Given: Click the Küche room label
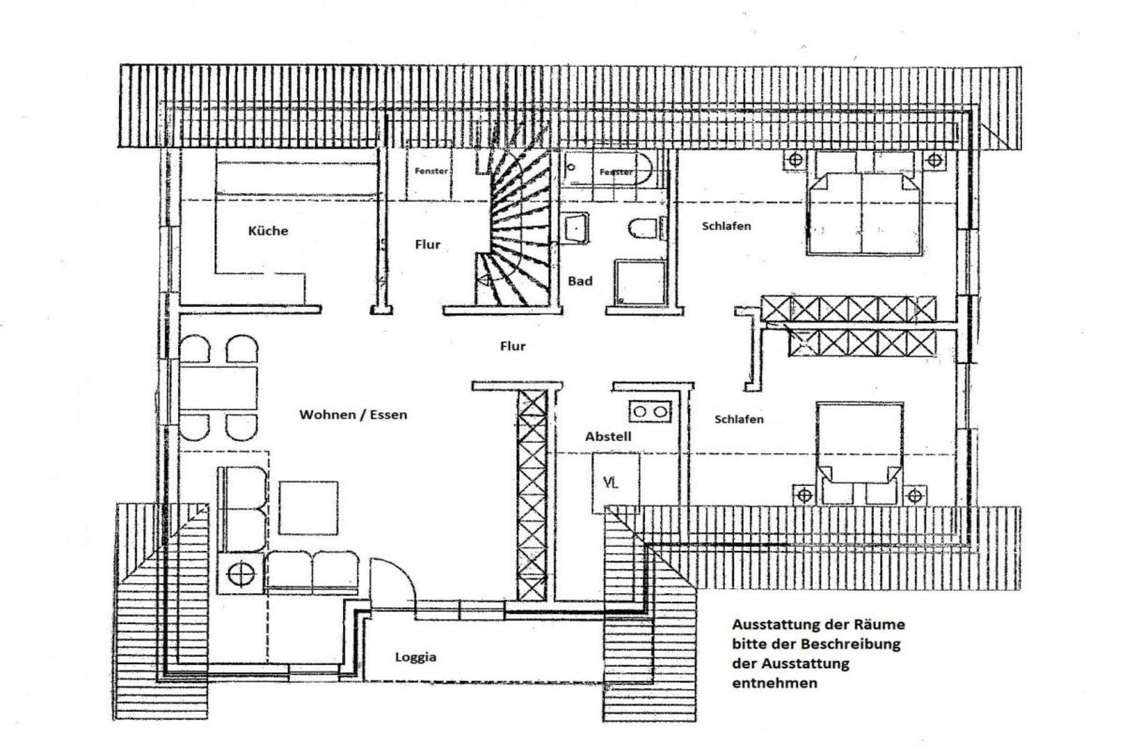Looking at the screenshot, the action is (x=268, y=231).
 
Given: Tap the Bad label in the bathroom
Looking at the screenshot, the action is (x=580, y=281).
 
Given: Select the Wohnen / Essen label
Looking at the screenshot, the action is (x=353, y=414).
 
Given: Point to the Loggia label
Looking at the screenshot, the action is (x=416, y=657).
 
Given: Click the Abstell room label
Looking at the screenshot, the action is (x=608, y=436).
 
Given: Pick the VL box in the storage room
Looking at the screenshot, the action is (x=616, y=483).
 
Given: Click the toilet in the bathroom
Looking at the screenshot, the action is (x=643, y=229).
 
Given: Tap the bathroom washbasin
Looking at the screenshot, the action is (x=575, y=227).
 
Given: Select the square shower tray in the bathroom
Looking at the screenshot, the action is (x=640, y=282).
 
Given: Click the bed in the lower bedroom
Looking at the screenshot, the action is (x=860, y=453).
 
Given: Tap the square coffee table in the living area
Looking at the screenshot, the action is (x=308, y=508).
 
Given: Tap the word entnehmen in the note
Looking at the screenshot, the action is (x=775, y=684).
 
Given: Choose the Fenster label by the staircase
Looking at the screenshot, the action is (x=431, y=171).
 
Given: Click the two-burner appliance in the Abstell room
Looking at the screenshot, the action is (x=651, y=412).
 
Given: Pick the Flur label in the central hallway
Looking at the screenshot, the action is (x=513, y=346).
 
